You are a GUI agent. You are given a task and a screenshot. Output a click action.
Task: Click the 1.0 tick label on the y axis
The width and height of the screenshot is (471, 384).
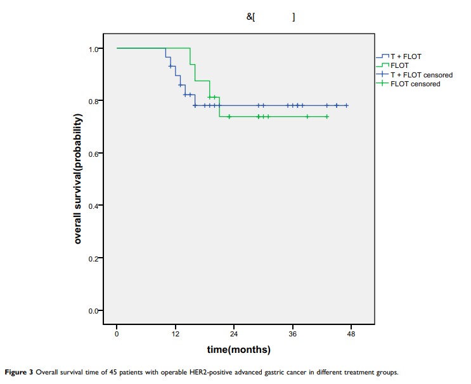point(94,49)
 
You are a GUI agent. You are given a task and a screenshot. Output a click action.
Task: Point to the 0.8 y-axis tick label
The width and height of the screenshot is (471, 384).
point(94,102)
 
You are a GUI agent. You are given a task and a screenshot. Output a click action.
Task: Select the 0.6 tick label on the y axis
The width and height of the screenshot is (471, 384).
point(94,154)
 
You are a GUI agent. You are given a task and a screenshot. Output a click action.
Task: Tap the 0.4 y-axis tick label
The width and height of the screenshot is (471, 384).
point(94,206)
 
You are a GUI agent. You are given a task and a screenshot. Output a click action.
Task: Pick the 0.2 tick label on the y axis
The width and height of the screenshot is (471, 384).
point(94,258)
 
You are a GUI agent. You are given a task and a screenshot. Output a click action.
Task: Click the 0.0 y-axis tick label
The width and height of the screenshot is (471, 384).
point(94,311)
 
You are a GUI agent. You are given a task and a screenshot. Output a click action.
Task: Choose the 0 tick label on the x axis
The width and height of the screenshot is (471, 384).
point(117,333)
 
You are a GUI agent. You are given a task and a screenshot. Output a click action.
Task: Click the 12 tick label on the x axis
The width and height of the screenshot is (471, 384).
point(175,333)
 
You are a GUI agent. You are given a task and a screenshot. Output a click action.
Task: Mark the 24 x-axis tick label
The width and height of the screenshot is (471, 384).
point(234,333)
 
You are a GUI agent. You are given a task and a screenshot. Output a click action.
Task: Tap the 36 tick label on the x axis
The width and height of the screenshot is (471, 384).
point(292,333)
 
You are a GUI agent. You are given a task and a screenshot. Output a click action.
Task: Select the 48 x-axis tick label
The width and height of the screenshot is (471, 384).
point(351,333)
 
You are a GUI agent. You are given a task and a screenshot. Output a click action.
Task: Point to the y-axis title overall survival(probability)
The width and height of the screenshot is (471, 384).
point(78,180)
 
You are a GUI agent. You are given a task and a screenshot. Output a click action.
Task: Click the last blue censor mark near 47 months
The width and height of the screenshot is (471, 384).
point(346,106)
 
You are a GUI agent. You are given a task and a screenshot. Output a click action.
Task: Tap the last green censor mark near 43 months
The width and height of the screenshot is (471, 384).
point(327,117)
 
